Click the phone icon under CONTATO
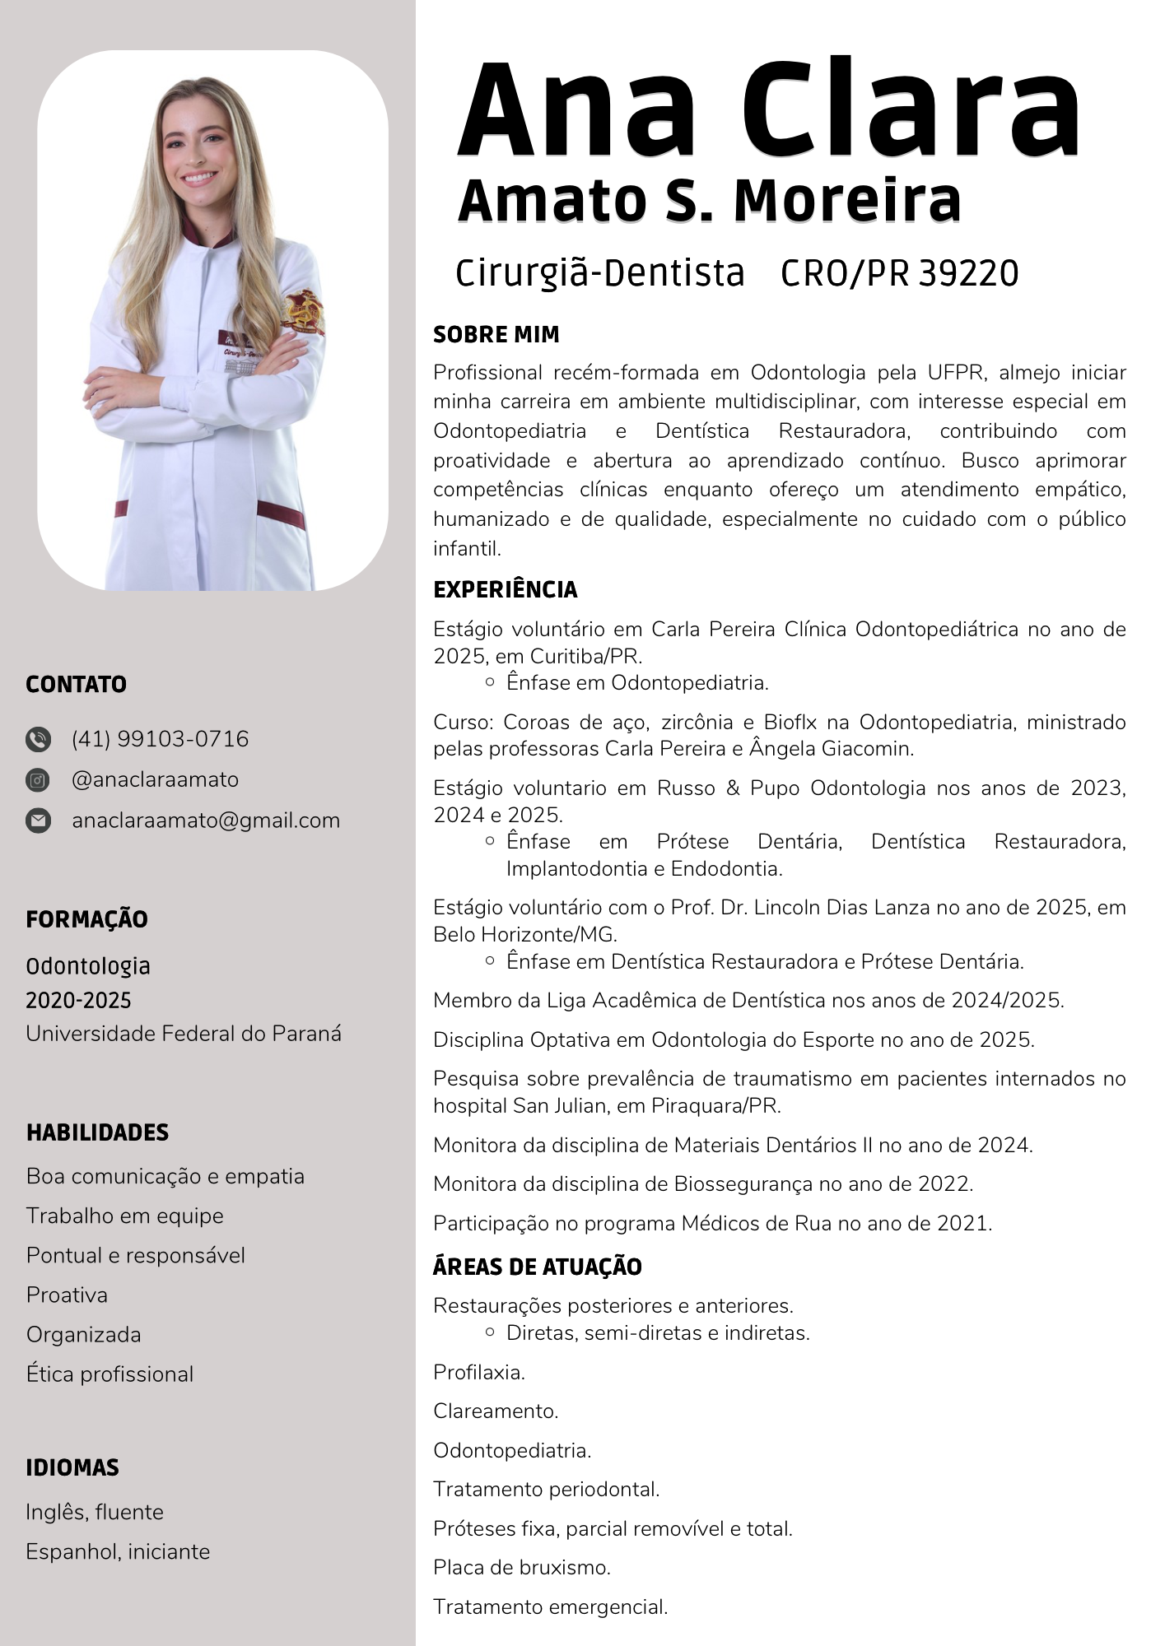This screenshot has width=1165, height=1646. (38, 739)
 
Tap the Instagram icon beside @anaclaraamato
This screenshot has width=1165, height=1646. (38, 779)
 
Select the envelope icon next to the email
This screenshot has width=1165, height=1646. (38, 821)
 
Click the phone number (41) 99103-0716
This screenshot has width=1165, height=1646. (160, 739)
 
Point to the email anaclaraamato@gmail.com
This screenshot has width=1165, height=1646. (206, 821)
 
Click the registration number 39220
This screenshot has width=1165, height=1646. (968, 273)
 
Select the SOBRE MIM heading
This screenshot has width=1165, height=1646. (496, 335)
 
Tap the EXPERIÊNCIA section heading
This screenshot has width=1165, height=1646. (505, 589)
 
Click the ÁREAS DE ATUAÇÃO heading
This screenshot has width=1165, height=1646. (537, 1267)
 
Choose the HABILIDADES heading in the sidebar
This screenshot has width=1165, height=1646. (97, 1132)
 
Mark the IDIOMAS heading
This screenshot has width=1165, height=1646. (72, 1467)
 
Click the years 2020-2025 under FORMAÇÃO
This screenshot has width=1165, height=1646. (78, 1000)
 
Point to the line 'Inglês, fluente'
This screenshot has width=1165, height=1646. (95, 1512)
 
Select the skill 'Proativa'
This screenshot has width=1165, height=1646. (67, 1295)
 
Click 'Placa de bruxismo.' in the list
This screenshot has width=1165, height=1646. (522, 1567)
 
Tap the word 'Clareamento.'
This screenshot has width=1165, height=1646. (496, 1411)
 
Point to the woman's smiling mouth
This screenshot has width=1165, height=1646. (199, 177)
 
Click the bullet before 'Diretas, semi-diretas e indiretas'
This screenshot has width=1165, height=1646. (490, 1332)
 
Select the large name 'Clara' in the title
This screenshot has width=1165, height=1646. (910, 111)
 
